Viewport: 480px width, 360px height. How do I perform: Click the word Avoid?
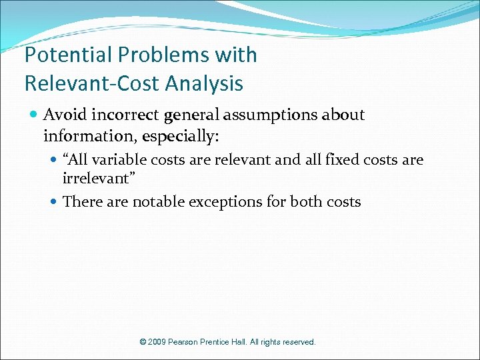click(x=65, y=115)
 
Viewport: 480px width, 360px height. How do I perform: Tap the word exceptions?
click(x=226, y=202)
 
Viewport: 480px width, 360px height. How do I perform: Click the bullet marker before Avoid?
click(x=34, y=115)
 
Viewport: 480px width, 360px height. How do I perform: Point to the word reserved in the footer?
click(x=298, y=342)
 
